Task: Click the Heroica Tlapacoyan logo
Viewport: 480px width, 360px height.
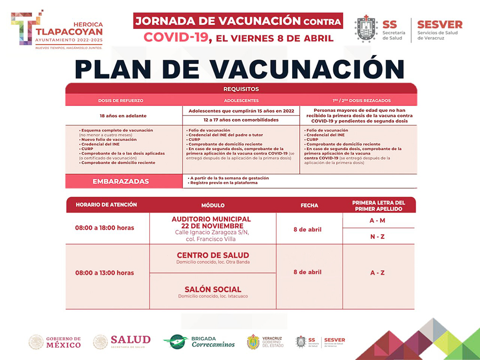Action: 56,28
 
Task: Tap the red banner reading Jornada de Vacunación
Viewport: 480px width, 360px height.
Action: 238,21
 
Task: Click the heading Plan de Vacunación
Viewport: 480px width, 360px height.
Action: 240,68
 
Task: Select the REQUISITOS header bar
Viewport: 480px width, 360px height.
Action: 241,88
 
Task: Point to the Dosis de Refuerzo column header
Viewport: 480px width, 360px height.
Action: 121,100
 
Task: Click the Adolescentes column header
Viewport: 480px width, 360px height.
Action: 241,100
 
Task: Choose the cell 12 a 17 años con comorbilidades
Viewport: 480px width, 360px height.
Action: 241,120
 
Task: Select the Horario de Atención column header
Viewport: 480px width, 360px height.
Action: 106,205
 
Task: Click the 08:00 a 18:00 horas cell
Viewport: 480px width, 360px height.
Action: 104,228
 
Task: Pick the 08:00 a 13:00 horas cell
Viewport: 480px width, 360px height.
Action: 104,273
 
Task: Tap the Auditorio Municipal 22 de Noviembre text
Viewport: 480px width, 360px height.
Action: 211,223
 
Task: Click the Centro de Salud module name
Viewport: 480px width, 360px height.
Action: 213,256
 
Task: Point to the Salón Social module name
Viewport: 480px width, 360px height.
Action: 213,289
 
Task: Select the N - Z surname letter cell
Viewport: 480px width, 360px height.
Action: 377,236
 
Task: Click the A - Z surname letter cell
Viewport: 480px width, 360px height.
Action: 377,273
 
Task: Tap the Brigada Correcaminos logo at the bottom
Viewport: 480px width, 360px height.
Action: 199,342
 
